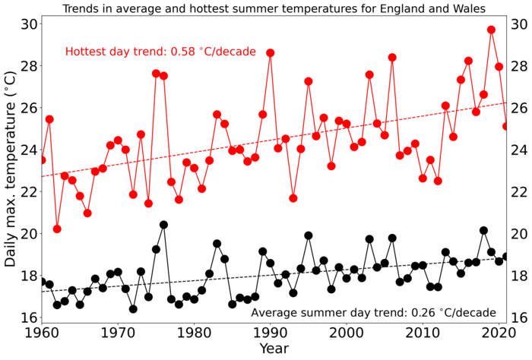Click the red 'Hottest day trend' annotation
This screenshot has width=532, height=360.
tap(160, 52)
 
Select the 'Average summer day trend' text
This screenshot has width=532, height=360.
tap(373, 312)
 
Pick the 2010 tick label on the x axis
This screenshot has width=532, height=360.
tap(423, 333)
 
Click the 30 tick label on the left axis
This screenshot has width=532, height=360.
tap(27, 24)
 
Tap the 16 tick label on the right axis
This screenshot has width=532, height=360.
tap(521, 317)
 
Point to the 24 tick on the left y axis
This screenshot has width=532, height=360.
tap(27, 150)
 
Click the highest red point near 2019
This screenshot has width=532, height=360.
tap(491, 30)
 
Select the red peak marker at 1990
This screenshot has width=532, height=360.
tap(270, 53)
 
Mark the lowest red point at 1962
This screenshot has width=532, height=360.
tap(57, 229)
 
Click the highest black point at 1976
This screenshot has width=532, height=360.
tap(163, 225)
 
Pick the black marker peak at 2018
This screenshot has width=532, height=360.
tap(483, 230)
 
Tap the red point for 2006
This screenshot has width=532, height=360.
tap(392, 58)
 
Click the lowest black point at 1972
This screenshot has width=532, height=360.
tap(133, 309)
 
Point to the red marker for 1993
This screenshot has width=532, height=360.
tap(293, 198)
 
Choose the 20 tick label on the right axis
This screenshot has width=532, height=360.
tap(521, 233)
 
